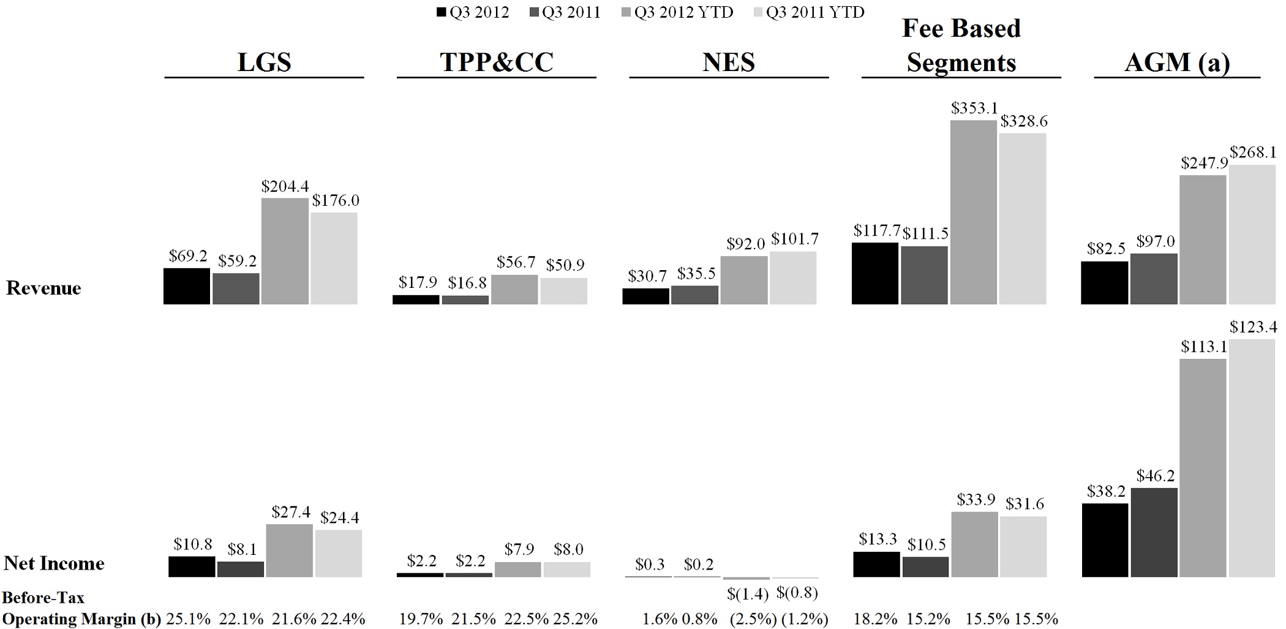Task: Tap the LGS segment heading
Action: (x=264, y=62)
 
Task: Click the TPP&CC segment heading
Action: (x=496, y=62)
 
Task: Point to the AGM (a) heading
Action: (x=1177, y=62)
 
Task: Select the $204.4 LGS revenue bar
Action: (x=285, y=251)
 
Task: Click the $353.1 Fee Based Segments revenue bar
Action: (x=974, y=212)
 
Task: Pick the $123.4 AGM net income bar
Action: (x=1252, y=458)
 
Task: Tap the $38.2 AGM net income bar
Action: (x=1105, y=540)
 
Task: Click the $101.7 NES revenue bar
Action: (x=793, y=277)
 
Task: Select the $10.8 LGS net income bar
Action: (x=192, y=567)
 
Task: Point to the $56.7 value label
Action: (x=516, y=262)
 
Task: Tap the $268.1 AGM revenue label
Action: (x=1253, y=153)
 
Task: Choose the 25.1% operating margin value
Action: (x=188, y=619)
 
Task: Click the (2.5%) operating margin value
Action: (x=753, y=619)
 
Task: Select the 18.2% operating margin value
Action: (x=875, y=619)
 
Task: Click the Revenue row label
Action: (x=43, y=288)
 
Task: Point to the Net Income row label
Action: (x=54, y=563)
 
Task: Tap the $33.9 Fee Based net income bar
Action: (x=974, y=544)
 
